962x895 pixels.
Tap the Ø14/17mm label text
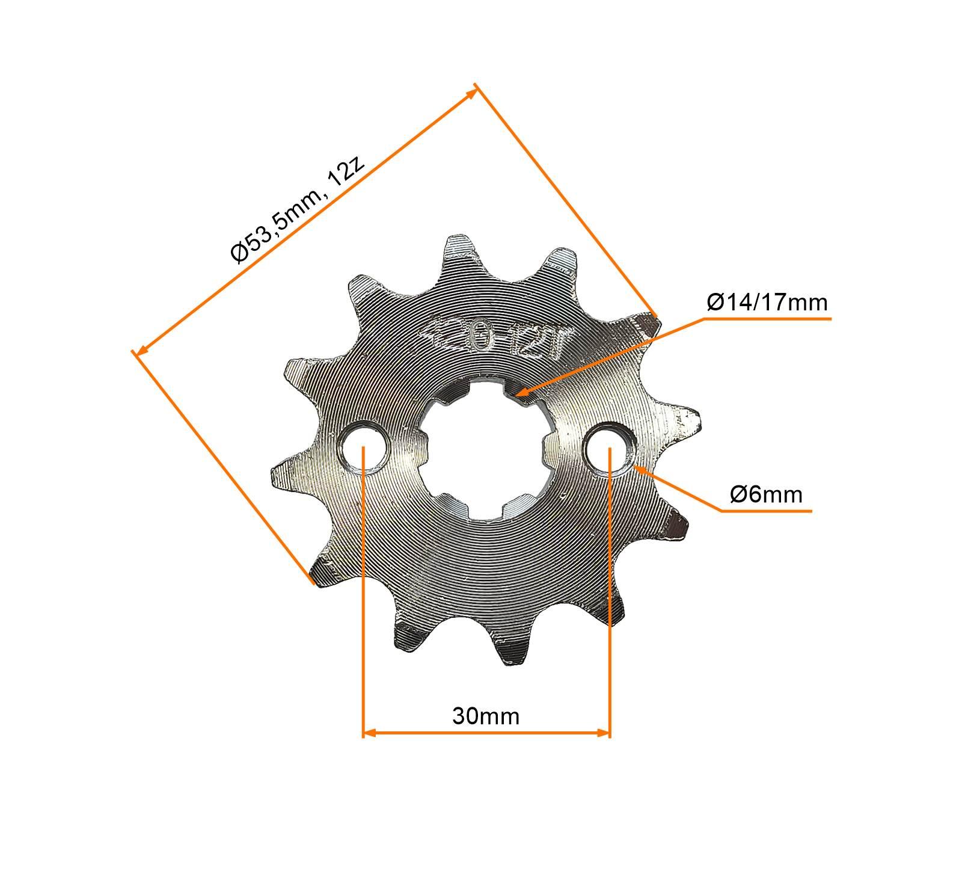pos(767,303)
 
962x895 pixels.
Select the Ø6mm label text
pos(766,494)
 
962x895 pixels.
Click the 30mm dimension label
pos(486,716)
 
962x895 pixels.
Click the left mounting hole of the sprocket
pos(364,448)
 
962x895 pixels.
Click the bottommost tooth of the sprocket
pos(511,653)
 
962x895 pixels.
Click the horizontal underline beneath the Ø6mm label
pos(767,511)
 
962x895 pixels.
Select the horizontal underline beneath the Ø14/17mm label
pos(767,319)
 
